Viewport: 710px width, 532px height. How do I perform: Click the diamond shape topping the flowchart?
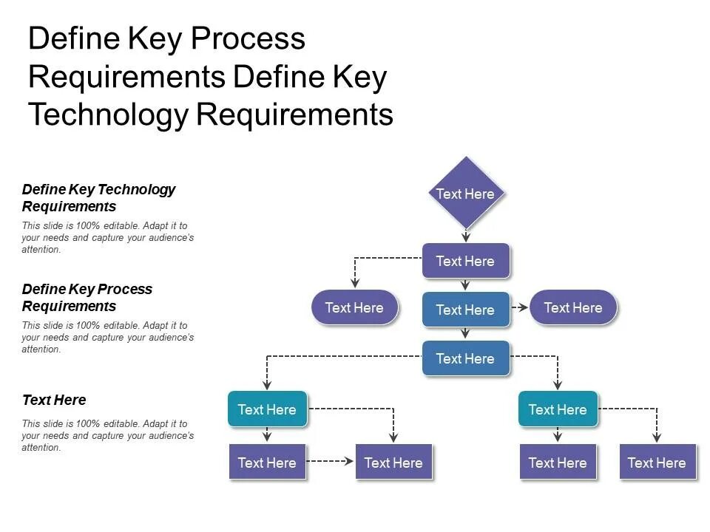pos(465,194)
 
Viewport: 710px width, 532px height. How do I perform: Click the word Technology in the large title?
pos(107,115)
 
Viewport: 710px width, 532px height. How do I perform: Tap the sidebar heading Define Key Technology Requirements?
pos(98,197)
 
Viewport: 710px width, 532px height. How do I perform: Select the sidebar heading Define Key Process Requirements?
pos(87,297)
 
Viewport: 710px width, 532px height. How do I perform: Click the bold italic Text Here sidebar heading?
pos(54,400)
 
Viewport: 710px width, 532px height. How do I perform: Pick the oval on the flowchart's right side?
pos(573,308)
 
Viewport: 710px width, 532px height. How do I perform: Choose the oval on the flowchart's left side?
pos(354,308)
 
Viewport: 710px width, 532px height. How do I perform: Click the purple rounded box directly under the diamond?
pos(465,261)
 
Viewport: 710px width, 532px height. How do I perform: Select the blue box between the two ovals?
pos(465,310)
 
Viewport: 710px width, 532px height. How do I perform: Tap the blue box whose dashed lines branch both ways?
pos(465,358)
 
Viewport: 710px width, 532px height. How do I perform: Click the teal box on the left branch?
pos(267,409)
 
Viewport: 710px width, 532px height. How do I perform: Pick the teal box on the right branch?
pos(558,409)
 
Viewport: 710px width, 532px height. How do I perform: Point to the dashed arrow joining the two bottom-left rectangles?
pos(331,461)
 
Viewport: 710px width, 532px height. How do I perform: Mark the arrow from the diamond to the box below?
pos(465,235)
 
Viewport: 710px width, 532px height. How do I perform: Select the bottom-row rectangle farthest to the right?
pos(657,463)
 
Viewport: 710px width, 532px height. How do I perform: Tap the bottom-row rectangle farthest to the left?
pos(267,463)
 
